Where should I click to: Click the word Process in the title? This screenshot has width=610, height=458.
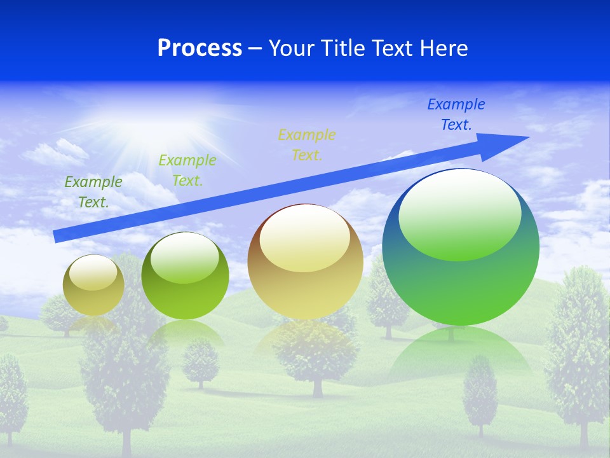click(x=200, y=48)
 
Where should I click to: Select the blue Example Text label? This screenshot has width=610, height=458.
click(x=456, y=114)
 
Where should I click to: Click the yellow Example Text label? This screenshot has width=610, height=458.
click(x=307, y=144)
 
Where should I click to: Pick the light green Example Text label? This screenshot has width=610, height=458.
click(x=187, y=170)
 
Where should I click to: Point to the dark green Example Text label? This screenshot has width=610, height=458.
click(x=93, y=191)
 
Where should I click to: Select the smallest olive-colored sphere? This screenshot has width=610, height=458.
click(x=93, y=285)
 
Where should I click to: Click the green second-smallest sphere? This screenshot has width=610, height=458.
click(x=185, y=276)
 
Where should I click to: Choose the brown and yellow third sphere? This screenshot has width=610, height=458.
click(x=306, y=261)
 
